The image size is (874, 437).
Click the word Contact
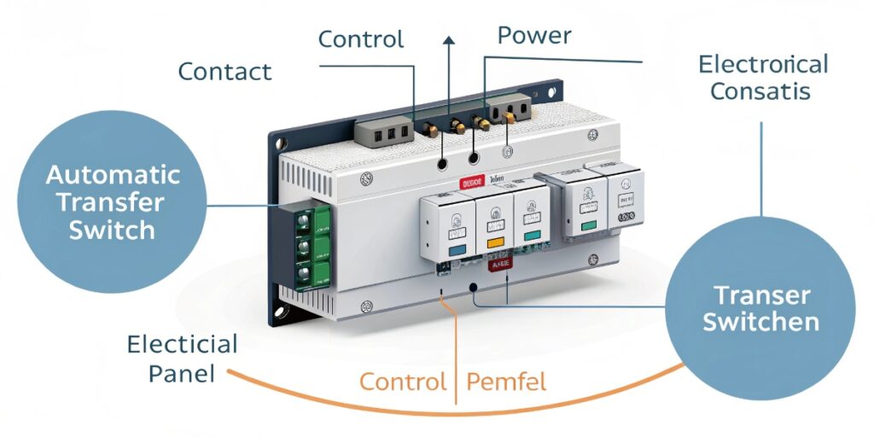point(224,72)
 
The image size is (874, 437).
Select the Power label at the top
point(534,35)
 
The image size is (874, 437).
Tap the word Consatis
point(760,91)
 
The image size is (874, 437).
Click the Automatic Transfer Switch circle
point(113,202)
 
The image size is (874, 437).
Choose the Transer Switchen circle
point(759,309)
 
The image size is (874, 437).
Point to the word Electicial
point(182,345)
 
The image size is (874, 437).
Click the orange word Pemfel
point(507,381)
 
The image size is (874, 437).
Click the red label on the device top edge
point(472,182)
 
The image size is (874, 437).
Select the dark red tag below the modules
point(498,265)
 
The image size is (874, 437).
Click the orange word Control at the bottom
point(402,381)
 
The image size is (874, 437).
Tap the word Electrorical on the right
point(762,65)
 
